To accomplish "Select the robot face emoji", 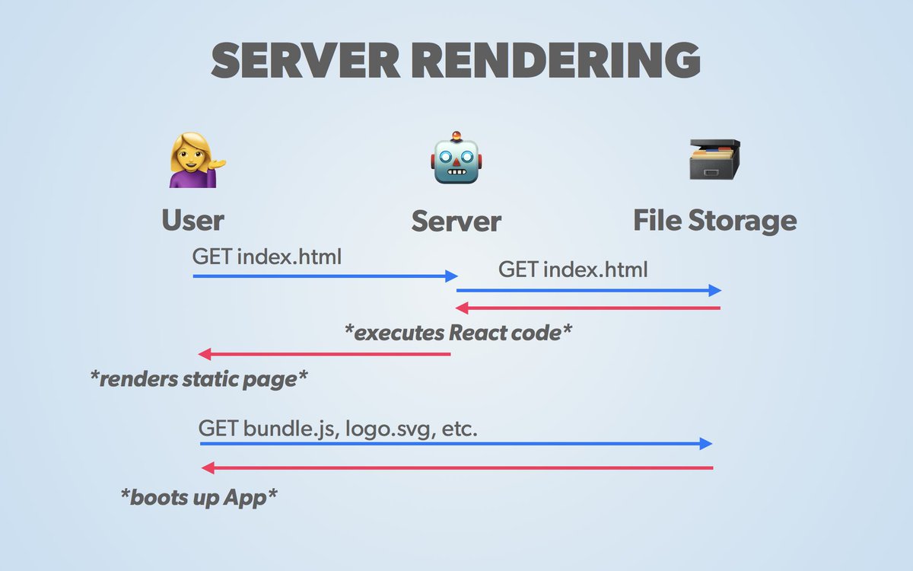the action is click(456, 160).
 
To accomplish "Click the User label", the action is click(192, 221).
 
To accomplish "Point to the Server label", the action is click(456, 222).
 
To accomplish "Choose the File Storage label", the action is click(715, 221).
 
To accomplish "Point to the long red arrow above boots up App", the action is click(456, 467).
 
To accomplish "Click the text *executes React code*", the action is click(458, 333).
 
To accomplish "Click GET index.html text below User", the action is click(267, 257).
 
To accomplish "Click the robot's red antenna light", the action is click(456, 136).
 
